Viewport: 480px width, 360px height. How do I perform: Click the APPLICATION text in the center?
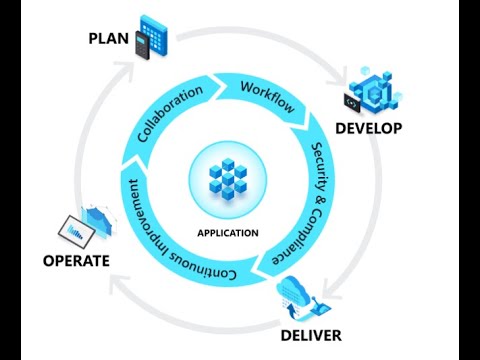[x=228, y=233]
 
